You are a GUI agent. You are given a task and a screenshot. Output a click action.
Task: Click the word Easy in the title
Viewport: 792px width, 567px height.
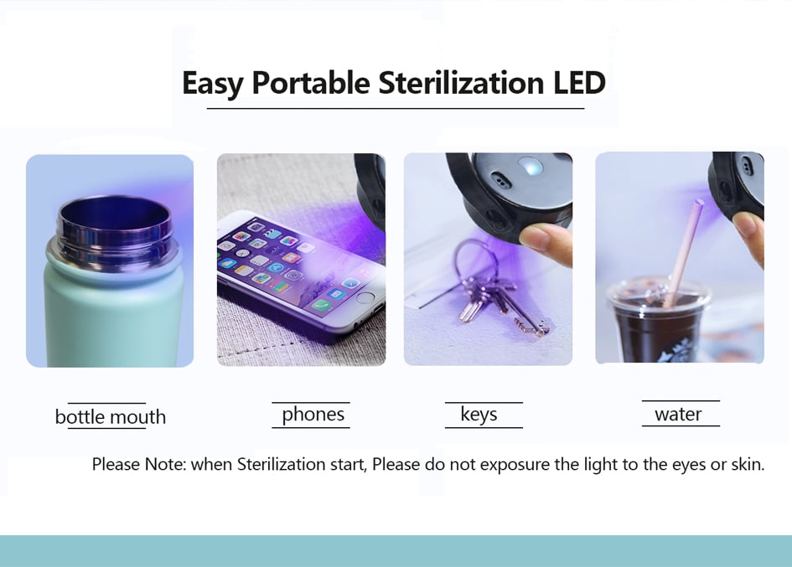pyautogui.click(x=213, y=83)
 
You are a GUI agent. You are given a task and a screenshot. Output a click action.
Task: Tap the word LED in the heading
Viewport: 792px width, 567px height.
pyautogui.click(x=579, y=82)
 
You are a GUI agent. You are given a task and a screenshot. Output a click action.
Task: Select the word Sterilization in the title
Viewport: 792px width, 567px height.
pyautogui.click(x=461, y=82)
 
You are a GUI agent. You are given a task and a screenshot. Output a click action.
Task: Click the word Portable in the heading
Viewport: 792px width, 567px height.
pyautogui.click(x=311, y=82)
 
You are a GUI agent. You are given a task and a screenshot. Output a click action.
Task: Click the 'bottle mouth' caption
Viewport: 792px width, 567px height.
pyautogui.click(x=110, y=417)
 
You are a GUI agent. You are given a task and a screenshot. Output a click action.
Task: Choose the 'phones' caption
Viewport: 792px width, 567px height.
pyautogui.click(x=313, y=415)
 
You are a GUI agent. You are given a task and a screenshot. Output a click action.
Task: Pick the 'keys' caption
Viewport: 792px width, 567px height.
pyautogui.click(x=479, y=415)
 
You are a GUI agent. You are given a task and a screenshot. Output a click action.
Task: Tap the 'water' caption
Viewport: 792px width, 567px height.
pyautogui.click(x=678, y=415)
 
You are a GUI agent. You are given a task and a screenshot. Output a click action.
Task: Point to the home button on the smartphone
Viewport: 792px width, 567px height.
pyautogui.click(x=365, y=297)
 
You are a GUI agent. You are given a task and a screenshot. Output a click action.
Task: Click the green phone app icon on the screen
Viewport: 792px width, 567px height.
pyautogui.click(x=319, y=305)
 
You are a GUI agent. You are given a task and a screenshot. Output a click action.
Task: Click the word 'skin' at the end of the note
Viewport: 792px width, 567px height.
pyautogui.click(x=748, y=464)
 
